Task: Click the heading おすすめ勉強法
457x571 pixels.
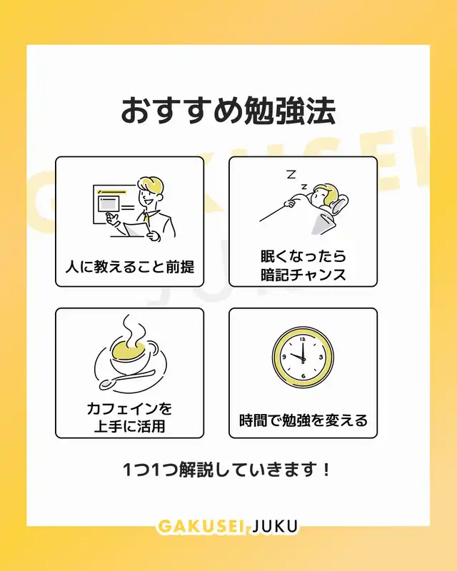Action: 228,111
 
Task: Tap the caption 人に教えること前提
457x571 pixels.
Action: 130,267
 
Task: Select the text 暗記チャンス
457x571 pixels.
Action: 303,275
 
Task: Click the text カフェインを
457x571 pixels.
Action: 130,408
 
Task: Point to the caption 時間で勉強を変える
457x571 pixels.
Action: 303,420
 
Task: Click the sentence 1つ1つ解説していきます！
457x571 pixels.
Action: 226,470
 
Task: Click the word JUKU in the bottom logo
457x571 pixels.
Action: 275,527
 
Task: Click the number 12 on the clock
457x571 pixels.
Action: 303,339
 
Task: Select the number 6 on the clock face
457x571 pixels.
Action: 303,376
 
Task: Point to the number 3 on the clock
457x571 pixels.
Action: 321,358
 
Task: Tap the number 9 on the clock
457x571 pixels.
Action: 284,358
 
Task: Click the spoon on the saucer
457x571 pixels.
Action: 126,379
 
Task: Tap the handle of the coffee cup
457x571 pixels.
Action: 152,349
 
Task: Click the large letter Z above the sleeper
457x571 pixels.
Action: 291,174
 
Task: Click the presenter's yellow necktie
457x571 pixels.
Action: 146,218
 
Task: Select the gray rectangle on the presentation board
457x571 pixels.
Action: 108,204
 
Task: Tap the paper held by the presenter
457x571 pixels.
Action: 136,229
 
